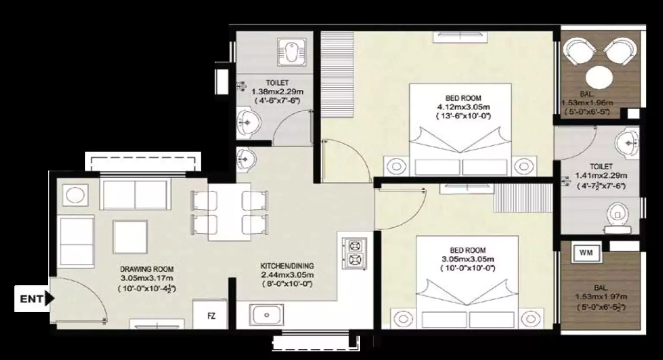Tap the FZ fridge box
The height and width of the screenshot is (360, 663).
coord(211,316)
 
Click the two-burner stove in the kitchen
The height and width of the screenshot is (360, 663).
coord(355,253)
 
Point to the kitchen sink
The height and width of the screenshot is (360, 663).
coord(266,315)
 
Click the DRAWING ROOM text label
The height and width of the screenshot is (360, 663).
coord(147,269)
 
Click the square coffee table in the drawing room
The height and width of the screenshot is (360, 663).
coord(130,236)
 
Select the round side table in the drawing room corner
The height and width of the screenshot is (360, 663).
coord(75,196)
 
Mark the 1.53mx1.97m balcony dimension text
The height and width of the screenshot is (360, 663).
coord(601,297)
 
